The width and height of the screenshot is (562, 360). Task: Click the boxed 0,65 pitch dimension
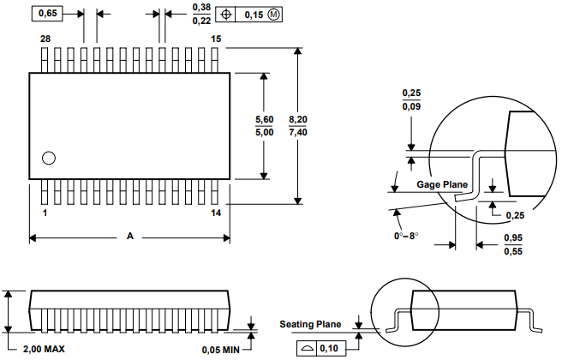coord(47,14)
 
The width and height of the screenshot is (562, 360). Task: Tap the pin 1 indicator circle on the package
coord(49,158)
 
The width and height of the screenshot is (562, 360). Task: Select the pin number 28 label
coord(45,39)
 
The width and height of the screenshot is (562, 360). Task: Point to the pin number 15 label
coord(216,39)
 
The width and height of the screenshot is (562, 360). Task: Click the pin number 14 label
coord(216,213)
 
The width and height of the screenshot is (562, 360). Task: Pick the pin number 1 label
coord(45,213)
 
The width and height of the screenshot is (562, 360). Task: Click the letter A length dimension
coord(130,236)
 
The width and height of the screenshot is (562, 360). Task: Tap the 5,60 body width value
coord(264,119)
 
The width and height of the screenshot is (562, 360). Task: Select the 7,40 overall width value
coord(298,132)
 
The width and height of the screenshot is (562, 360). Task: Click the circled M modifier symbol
coord(273,15)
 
